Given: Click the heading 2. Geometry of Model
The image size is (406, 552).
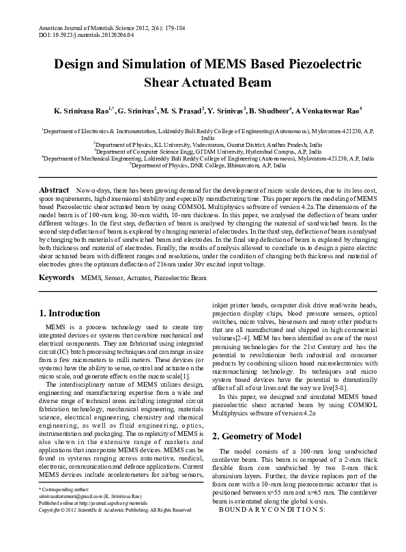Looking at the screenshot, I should click(258, 435).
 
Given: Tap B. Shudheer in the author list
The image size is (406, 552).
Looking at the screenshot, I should click(270, 109).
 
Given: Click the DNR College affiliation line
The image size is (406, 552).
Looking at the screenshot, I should click(208, 165).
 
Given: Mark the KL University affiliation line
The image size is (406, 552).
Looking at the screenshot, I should click(207, 145).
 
